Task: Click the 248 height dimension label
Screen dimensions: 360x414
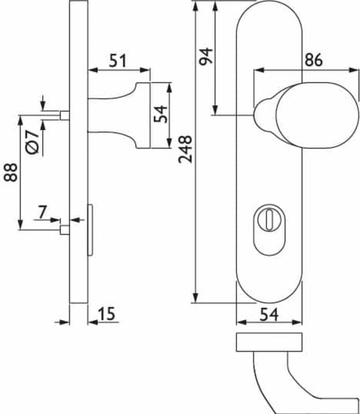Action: coord(185,149)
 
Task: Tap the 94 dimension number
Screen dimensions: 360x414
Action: coord(206,56)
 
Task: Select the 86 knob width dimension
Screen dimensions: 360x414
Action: coord(313,60)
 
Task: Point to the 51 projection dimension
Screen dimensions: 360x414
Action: coord(118,61)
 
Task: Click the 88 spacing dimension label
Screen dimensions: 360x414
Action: coord(10,172)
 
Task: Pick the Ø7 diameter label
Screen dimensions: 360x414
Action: coord(33,142)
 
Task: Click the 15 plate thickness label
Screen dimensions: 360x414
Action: coord(107,314)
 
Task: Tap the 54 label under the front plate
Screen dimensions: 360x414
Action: coord(269,315)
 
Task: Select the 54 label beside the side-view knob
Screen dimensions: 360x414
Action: coord(161,114)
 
